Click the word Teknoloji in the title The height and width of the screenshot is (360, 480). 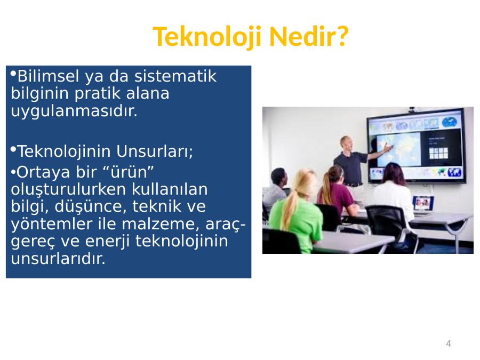207,36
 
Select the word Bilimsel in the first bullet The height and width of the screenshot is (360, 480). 49,76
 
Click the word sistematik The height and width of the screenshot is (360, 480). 175,76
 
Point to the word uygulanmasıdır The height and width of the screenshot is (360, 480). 74,111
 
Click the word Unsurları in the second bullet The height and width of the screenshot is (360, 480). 153,151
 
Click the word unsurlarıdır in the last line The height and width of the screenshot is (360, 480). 58,258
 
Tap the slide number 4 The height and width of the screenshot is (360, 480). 449,343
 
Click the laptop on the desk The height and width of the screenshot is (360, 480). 423,204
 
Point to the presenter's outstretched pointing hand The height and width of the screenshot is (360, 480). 388,148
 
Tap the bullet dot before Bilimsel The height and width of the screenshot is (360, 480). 13,74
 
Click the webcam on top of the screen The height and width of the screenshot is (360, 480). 412,109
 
